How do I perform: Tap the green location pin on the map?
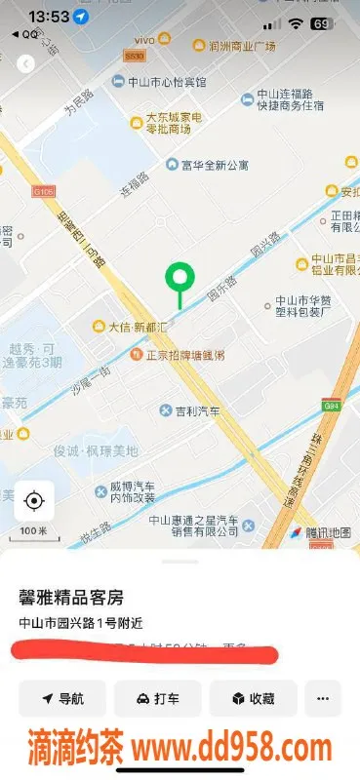pos(179,278)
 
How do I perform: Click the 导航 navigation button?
pos(62,698)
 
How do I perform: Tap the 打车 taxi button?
pos(157,698)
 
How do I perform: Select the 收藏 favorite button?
pos(253,698)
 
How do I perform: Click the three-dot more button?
pos(323,698)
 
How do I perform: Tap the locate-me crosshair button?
pos(34,501)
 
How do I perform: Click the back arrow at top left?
pos(26,63)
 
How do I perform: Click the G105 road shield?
pos(43,191)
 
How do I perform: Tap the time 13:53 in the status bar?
pos(50,17)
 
